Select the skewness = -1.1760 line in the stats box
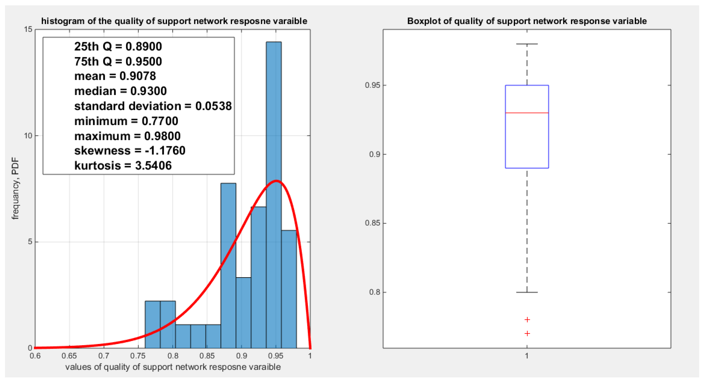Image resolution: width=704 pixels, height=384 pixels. (130, 151)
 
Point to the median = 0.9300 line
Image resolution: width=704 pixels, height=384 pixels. (121, 91)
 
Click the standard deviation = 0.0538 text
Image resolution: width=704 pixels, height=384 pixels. (153, 106)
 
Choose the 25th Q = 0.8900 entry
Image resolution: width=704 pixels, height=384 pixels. (118, 46)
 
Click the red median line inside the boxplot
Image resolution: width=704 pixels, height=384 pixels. (527, 113)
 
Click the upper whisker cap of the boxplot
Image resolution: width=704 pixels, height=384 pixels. (527, 44)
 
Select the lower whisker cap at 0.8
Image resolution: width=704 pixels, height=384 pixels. (527, 292)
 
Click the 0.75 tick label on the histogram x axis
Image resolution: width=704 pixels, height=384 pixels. (138, 356)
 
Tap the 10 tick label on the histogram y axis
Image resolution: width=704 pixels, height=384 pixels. (28, 136)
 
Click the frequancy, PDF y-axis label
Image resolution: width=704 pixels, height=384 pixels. (15, 188)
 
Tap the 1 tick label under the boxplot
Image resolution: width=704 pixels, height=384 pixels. (527, 356)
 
